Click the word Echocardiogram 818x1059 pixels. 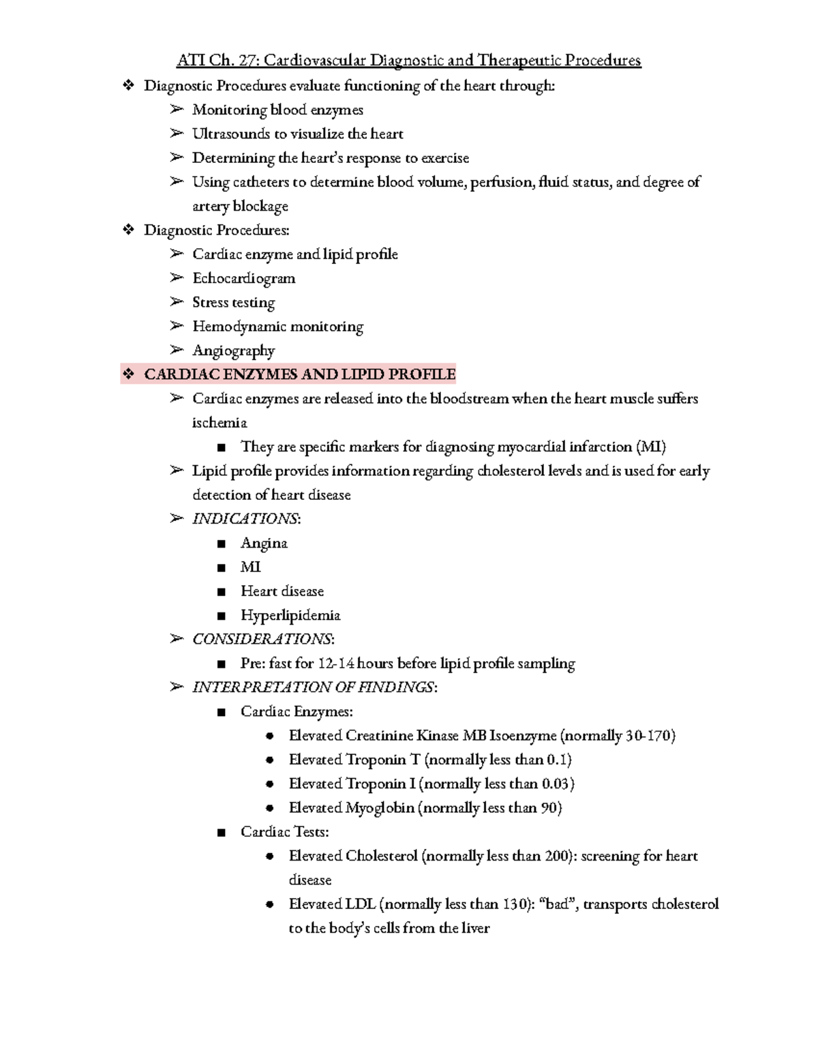coord(243,278)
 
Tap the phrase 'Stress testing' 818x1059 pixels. coord(233,302)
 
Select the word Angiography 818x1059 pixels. coord(233,350)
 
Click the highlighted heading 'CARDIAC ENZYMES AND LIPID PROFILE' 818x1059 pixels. coord(299,374)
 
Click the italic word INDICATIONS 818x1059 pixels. coord(245,519)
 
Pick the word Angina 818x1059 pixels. coord(264,543)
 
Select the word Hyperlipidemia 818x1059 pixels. coord(290,616)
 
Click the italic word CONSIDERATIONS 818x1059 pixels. coord(262,640)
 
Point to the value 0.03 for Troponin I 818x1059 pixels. coord(556,784)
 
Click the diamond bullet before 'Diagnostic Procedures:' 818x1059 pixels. coord(127,230)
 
